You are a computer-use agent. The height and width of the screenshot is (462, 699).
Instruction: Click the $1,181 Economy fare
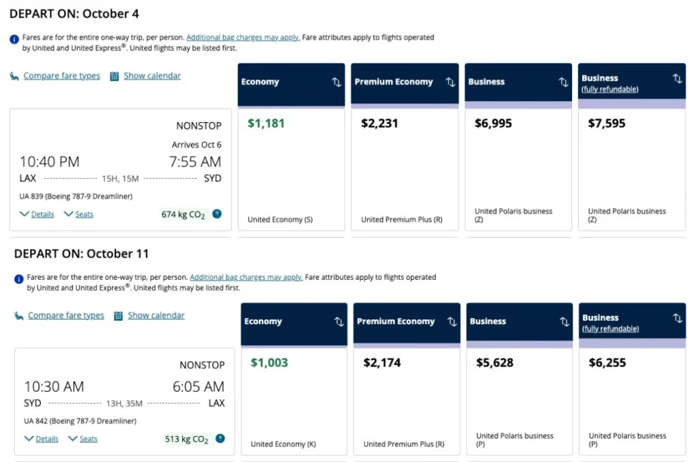pyautogui.click(x=266, y=124)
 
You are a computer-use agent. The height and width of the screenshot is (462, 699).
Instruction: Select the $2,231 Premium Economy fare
pyautogui.click(x=380, y=124)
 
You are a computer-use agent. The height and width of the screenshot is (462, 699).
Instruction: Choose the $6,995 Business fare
pyautogui.click(x=493, y=124)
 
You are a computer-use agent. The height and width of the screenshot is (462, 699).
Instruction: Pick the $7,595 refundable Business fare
pyautogui.click(x=606, y=124)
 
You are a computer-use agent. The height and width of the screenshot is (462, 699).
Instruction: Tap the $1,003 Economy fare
pyautogui.click(x=269, y=363)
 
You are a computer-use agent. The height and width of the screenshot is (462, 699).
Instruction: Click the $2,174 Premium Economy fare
pyautogui.click(x=382, y=363)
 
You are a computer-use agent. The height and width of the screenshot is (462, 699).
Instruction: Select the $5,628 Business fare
pyautogui.click(x=495, y=363)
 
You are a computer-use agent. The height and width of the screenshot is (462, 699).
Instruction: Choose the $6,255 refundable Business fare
pyautogui.click(x=608, y=363)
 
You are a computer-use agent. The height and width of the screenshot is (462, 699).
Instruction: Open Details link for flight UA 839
pyautogui.click(x=42, y=214)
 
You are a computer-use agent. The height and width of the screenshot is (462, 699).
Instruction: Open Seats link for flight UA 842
pyautogui.click(x=88, y=439)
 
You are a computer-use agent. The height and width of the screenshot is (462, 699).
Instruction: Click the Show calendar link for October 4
pyautogui.click(x=152, y=76)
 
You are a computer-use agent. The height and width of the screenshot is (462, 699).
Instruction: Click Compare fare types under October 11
pyautogui.click(x=66, y=315)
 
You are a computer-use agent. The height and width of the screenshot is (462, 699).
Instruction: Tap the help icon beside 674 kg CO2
pyautogui.click(x=217, y=214)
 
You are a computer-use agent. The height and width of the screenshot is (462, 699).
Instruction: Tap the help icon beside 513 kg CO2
pyautogui.click(x=220, y=439)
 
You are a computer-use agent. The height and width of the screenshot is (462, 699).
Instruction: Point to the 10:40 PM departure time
pyautogui.click(x=49, y=162)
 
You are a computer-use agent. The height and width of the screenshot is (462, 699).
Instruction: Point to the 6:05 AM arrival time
pyautogui.click(x=198, y=386)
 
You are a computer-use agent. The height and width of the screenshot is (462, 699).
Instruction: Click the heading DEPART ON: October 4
pyautogui.click(x=74, y=14)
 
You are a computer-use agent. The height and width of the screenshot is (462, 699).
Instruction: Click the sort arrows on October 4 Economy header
pyautogui.click(x=337, y=82)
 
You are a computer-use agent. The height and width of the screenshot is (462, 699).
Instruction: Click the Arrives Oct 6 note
pyautogui.click(x=197, y=145)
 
